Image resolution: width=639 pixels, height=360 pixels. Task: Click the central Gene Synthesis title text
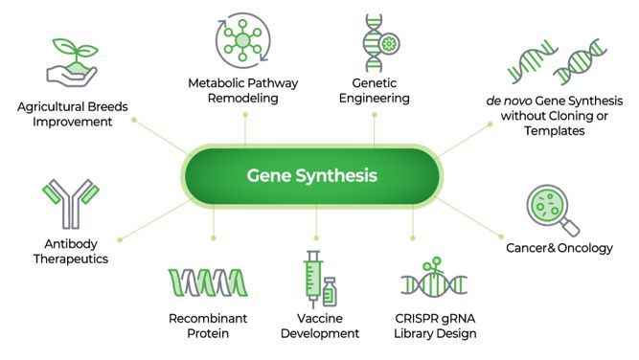[x=311, y=175]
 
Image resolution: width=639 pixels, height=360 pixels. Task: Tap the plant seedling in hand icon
[x=72, y=62]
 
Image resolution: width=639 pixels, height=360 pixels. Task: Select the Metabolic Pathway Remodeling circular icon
[x=243, y=40]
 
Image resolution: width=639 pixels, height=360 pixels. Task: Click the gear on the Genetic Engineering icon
[x=389, y=44]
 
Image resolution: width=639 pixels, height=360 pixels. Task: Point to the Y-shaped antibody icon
[x=71, y=204]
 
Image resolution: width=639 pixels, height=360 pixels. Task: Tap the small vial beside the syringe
[x=330, y=292]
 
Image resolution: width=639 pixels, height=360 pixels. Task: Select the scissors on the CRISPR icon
[x=433, y=264]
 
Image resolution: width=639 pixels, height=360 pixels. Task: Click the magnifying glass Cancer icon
[x=553, y=211]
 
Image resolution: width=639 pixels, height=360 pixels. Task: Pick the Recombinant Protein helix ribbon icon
[x=208, y=282]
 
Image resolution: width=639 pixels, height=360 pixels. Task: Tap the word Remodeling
[x=243, y=99]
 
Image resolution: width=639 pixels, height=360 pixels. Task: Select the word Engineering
[x=375, y=99]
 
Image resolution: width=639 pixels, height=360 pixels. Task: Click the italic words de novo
[x=509, y=101]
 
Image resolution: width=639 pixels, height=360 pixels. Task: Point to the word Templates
[x=555, y=131]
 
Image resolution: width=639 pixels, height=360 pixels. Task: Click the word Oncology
[x=585, y=248]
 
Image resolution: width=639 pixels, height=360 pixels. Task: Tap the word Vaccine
[x=320, y=319]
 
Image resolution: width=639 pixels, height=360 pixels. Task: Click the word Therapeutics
[x=71, y=259]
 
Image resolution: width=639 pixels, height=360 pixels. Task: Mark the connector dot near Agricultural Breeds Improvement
[x=134, y=120]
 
